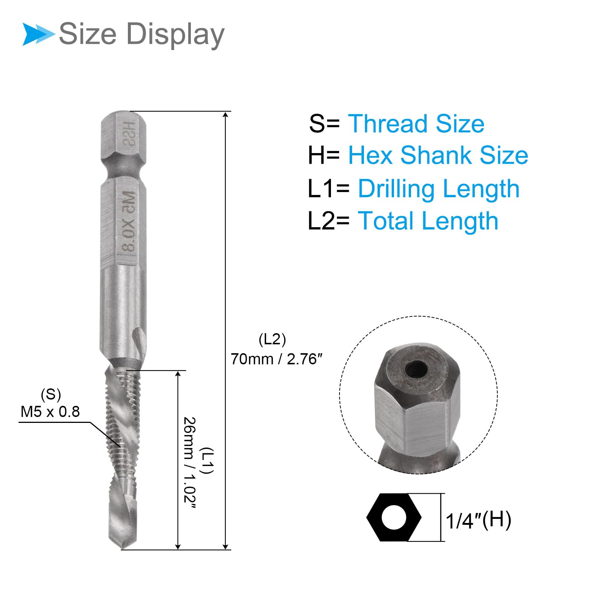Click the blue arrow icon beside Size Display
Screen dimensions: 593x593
[38, 34]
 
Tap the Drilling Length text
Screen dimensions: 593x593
[438, 189]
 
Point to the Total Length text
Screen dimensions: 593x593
[428, 221]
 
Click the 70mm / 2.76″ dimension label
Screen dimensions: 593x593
[276, 359]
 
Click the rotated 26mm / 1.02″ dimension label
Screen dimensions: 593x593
[189, 460]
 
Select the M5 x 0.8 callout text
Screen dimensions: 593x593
[50, 412]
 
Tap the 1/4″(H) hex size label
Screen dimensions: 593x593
[478, 520]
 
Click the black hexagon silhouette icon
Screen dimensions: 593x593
[394, 517]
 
